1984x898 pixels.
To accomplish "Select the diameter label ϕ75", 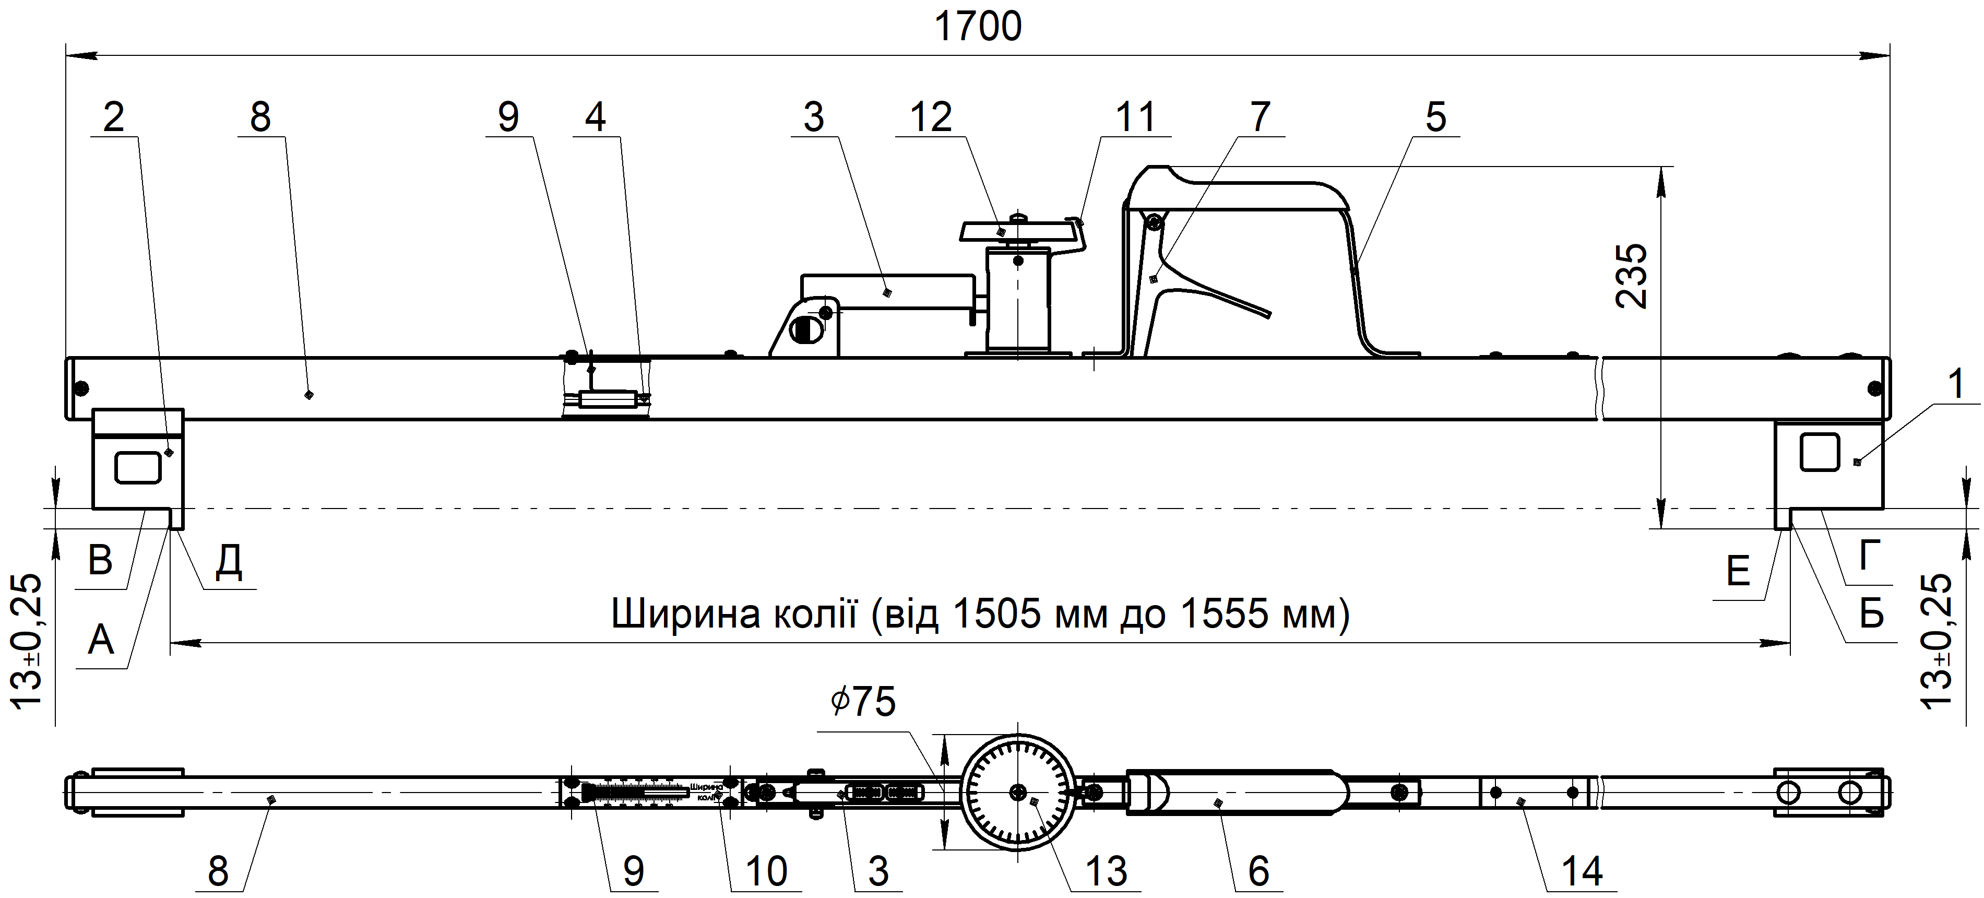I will [x=863, y=702].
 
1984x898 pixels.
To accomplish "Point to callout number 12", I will [x=930, y=118].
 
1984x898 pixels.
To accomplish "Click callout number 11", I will [x=1135, y=118].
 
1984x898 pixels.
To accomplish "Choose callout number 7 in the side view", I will [x=1260, y=118].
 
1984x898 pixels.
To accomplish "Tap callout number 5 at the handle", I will [x=1435, y=118].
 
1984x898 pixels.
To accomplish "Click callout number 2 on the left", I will [x=113, y=118].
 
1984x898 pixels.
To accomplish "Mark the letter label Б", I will [x=1872, y=614].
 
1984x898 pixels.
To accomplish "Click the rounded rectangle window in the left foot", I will [x=138, y=467].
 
